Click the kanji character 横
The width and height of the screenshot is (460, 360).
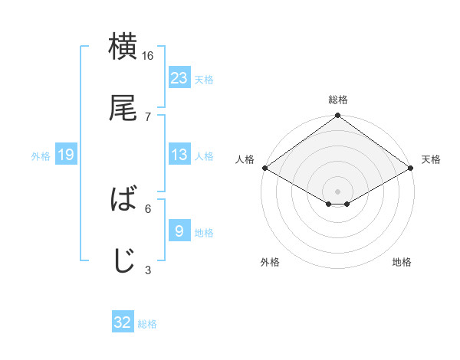point(123,47)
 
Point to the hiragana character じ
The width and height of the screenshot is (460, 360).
point(123,260)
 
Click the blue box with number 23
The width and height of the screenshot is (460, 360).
point(179,78)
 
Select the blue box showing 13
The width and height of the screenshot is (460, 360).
point(179,155)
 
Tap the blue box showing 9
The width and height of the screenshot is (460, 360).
point(179,231)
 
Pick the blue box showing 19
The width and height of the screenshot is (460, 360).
point(66,155)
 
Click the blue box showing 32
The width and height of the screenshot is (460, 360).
point(123,322)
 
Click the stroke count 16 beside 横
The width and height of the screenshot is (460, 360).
point(148,56)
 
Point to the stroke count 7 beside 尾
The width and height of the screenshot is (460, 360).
point(148,117)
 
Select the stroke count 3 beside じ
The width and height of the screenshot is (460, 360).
point(148,270)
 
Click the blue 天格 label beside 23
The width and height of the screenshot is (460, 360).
point(204,79)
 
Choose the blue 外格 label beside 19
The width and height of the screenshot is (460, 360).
point(41,155)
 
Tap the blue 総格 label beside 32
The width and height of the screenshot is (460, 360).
point(147,323)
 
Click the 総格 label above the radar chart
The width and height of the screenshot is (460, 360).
point(337,100)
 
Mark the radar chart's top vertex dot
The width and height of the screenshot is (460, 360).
point(337,116)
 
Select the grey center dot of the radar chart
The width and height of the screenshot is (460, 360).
point(337,191)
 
